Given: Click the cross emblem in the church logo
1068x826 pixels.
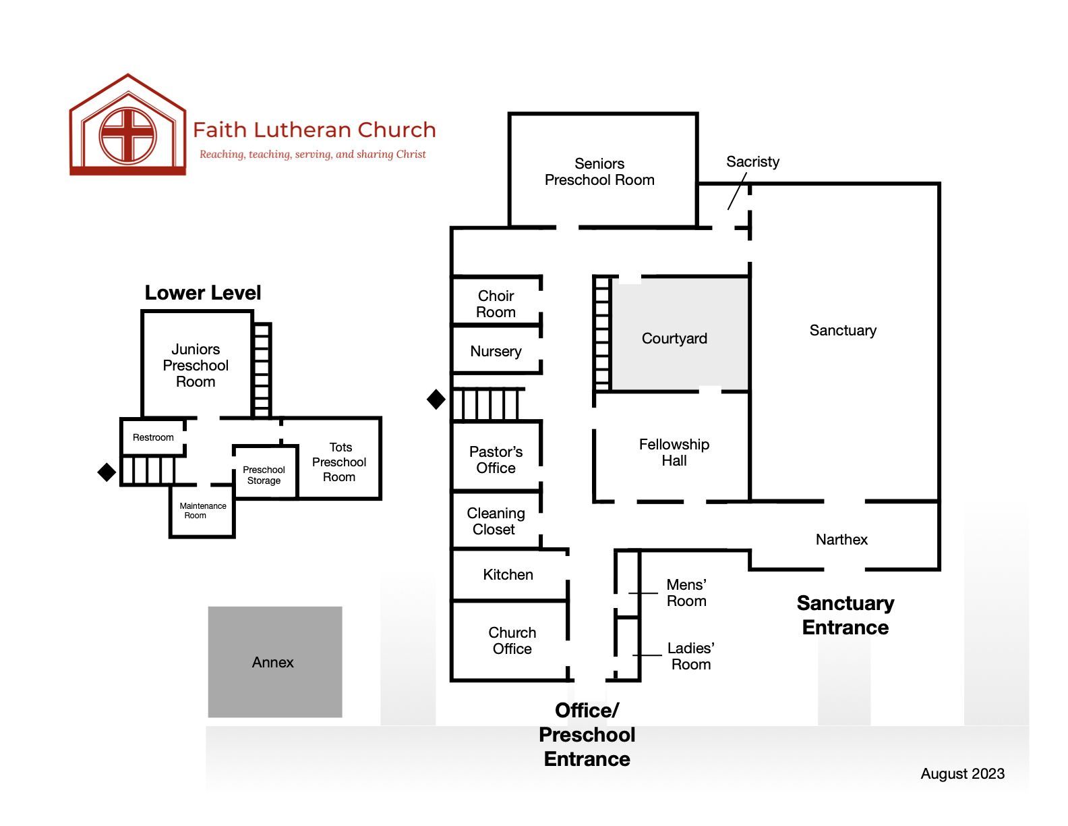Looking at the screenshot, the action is tap(128, 135).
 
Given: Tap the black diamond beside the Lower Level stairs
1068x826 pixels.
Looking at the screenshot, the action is tap(107, 472).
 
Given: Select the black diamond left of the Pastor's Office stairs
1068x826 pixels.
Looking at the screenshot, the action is tap(436, 399).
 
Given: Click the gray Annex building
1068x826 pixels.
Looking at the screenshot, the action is tap(274, 662).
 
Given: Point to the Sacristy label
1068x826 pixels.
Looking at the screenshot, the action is tap(752, 161).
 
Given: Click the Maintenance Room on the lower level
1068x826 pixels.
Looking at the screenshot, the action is tap(202, 512).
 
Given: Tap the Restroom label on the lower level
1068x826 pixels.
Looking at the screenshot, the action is tap(153, 437).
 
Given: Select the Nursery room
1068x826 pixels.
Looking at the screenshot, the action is tap(496, 350).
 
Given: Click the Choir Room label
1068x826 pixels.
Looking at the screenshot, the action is tap(496, 304).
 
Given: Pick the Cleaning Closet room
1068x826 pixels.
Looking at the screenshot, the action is tap(496, 520).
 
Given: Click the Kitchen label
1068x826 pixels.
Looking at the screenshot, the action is tap(508, 574).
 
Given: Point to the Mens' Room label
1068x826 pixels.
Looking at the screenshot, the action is tap(686, 593).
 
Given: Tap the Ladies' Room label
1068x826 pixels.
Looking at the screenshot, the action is tap(690, 656).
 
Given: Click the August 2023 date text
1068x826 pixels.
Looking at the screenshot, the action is tap(962, 774).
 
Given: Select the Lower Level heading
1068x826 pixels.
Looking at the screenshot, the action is tap(202, 293).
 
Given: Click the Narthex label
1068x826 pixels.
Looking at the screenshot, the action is tap(841, 539).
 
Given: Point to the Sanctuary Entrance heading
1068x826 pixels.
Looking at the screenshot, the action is tap(845, 615).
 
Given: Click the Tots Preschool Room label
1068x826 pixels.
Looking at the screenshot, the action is tap(339, 462).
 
